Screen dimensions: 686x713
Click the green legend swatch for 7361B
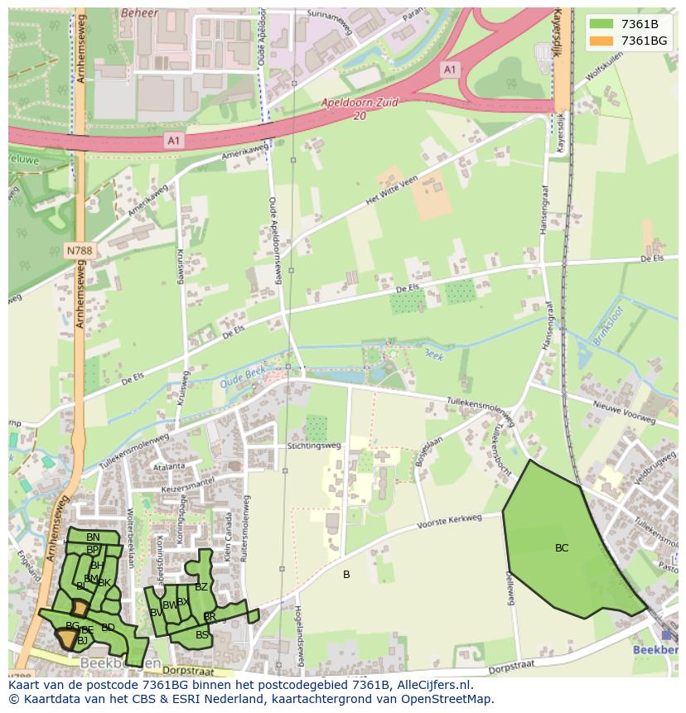[601, 23]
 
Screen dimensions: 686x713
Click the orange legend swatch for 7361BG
[601, 40]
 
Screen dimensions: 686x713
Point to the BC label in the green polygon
[562, 548]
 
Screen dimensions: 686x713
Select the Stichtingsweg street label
[314, 445]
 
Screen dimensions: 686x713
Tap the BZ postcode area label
[201, 587]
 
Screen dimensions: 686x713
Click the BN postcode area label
[93, 537]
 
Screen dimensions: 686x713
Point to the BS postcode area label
[202, 635]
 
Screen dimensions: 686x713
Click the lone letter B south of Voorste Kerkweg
[346, 575]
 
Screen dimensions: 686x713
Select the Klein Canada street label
[229, 537]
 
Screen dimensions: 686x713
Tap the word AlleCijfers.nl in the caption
[432, 685]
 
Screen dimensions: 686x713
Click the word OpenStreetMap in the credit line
[447, 699]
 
